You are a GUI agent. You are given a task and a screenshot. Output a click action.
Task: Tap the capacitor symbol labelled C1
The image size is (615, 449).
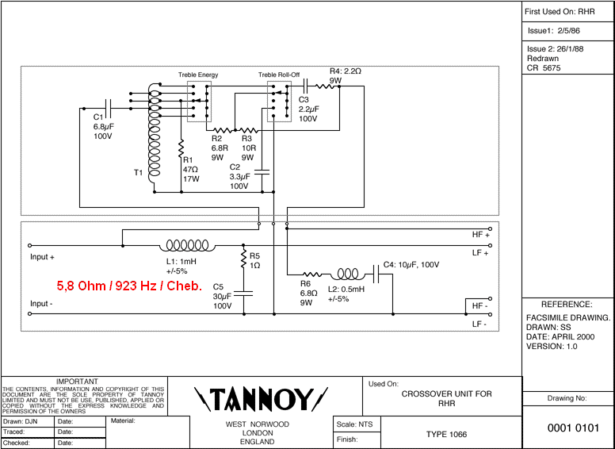click(109, 106)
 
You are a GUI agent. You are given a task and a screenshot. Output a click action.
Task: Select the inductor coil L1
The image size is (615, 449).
click(188, 246)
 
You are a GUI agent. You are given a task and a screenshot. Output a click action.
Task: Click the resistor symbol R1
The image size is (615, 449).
click(181, 149)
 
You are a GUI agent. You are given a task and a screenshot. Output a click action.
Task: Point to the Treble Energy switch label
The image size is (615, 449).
click(198, 75)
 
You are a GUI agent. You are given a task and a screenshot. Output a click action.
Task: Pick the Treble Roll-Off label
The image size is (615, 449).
click(279, 75)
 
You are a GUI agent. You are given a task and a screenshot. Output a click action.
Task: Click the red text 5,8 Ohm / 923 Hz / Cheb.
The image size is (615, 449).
click(129, 286)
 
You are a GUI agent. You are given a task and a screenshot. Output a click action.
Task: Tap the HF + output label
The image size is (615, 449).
click(481, 235)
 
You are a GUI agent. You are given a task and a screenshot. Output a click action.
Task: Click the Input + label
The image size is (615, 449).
click(43, 258)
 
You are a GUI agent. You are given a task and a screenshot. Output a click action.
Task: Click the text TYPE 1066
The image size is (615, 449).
click(446, 435)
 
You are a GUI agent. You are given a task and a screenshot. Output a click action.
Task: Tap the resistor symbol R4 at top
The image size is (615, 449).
click(327, 86)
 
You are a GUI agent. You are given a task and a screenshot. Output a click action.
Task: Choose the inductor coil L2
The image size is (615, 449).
click(350, 274)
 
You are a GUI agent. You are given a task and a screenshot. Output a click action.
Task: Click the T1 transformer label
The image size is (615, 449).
click(138, 172)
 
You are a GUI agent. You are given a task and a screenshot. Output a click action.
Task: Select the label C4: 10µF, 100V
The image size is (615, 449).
click(411, 264)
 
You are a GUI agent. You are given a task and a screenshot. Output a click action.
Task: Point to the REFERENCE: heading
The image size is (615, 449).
click(567, 305)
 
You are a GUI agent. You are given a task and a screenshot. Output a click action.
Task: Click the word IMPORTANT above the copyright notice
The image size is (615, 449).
click(77, 382)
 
